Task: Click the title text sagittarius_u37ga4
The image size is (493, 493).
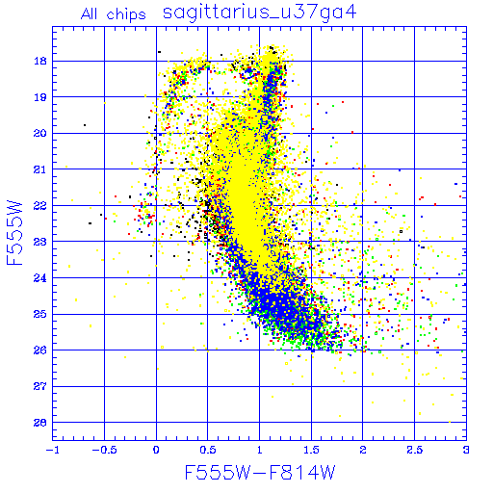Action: (x=259, y=13)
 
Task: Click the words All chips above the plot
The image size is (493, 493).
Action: (x=114, y=14)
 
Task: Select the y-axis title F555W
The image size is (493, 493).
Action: (x=14, y=233)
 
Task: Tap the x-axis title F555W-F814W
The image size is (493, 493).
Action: (x=260, y=472)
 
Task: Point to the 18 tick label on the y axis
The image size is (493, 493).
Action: (x=40, y=61)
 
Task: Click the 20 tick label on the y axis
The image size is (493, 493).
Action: (x=40, y=133)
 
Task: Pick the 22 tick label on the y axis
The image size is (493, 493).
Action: (x=40, y=205)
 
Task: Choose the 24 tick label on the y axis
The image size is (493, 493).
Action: (x=40, y=277)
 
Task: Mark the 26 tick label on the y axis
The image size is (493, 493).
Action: (x=40, y=350)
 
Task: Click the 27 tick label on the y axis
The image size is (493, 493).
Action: (x=40, y=386)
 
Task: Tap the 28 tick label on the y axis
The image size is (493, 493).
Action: (x=40, y=423)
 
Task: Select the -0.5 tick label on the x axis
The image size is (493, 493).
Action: (x=104, y=450)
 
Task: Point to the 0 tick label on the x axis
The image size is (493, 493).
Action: (x=156, y=450)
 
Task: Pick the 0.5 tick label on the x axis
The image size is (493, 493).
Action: (x=208, y=450)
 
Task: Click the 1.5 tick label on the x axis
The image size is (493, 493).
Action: (x=311, y=450)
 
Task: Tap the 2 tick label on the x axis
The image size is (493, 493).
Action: (x=363, y=450)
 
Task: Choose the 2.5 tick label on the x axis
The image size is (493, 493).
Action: (x=414, y=450)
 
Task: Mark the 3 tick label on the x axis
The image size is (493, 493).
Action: (x=466, y=450)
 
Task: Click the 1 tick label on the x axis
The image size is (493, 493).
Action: (x=260, y=450)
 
